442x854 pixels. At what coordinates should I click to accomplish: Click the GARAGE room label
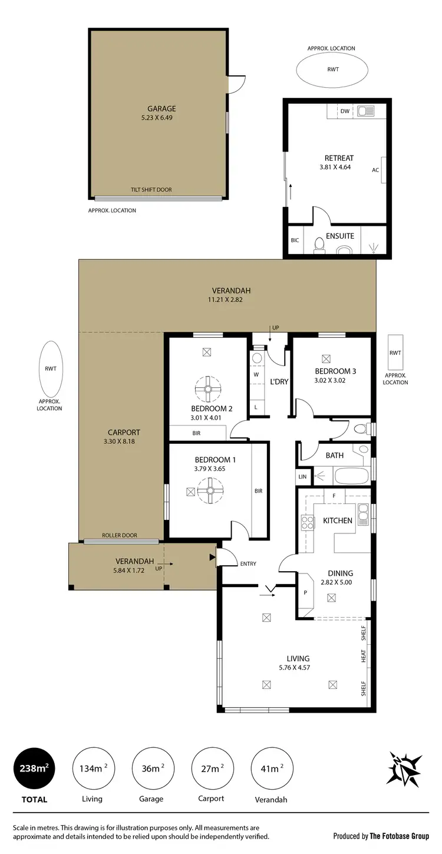coord(161,108)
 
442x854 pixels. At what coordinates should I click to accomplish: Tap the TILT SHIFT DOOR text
coord(151,190)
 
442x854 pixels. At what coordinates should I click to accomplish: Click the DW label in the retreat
coord(345,111)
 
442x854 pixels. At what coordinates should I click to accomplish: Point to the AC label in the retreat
coord(375,170)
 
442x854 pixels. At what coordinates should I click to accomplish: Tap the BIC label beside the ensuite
coord(295,240)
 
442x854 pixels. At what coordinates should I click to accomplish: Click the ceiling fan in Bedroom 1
coord(210,490)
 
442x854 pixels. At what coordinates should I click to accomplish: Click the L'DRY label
coord(279,381)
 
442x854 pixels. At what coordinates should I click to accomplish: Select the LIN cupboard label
coord(303,476)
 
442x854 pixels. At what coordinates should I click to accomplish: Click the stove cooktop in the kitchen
coord(308,522)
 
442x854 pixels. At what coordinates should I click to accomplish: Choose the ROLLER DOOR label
coord(120,535)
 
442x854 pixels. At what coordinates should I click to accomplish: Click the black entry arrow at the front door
coord(212,556)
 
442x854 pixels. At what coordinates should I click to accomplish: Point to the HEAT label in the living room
coord(364,655)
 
